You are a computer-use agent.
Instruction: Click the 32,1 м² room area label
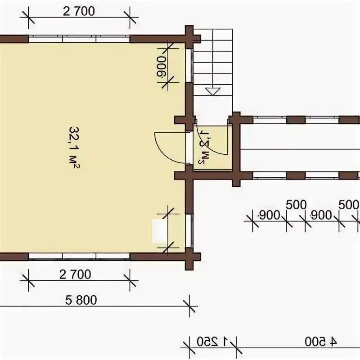click(75, 148)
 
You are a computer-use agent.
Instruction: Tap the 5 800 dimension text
click(81, 300)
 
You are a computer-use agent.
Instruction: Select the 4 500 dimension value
click(321, 342)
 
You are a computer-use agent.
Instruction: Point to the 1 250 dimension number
click(213, 342)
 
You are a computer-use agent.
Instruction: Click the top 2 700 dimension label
click(79, 11)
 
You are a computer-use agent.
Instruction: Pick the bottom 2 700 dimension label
click(75, 274)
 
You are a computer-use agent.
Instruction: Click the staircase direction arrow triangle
click(213, 91)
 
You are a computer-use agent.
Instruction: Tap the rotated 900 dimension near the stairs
click(161, 68)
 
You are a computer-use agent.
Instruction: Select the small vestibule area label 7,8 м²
click(205, 147)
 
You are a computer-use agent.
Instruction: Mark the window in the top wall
click(79, 39)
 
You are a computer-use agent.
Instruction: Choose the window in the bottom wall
click(79, 256)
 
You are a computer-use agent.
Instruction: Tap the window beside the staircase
click(189, 65)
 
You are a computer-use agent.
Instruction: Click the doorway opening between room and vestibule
click(189, 148)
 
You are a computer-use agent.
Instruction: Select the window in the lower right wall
click(189, 231)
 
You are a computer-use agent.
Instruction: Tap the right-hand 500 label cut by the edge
click(348, 205)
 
